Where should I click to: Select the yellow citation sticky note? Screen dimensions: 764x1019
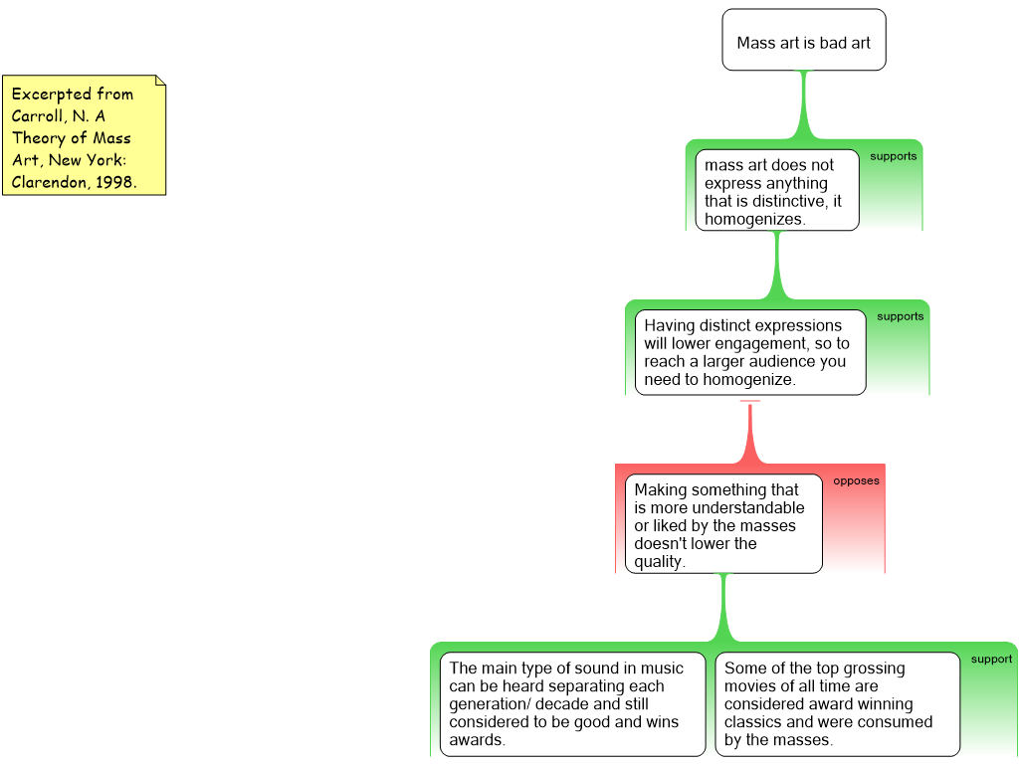pyautogui.click(x=84, y=136)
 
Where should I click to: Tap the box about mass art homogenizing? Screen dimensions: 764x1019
pyautogui.click(x=776, y=191)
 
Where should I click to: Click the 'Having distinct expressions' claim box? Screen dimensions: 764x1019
pyautogui.click(x=750, y=353)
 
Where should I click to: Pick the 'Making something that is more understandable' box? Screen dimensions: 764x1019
pyautogui.click(x=723, y=524)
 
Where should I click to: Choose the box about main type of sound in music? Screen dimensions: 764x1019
pyautogui.click(x=572, y=703)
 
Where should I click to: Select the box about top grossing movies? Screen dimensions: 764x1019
pyautogui.click(x=837, y=703)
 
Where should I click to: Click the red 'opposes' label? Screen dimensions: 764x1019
pyautogui.click(x=856, y=481)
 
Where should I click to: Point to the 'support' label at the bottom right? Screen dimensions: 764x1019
pyautogui.click(x=991, y=660)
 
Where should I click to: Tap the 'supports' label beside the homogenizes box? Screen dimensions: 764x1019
pyautogui.click(x=894, y=156)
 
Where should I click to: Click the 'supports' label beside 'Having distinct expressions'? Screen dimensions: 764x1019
pyautogui.click(x=900, y=317)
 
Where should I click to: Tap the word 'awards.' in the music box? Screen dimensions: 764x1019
pyautogui.click(x=477, y=740)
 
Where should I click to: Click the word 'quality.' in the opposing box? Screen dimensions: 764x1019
pyautogui.click(x=660, y=561)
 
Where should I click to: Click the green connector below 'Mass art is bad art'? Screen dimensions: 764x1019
pyautogui.click(x=803, y=104)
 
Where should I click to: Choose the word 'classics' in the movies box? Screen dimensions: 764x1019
pyautogui.click(x=755, y=722)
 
